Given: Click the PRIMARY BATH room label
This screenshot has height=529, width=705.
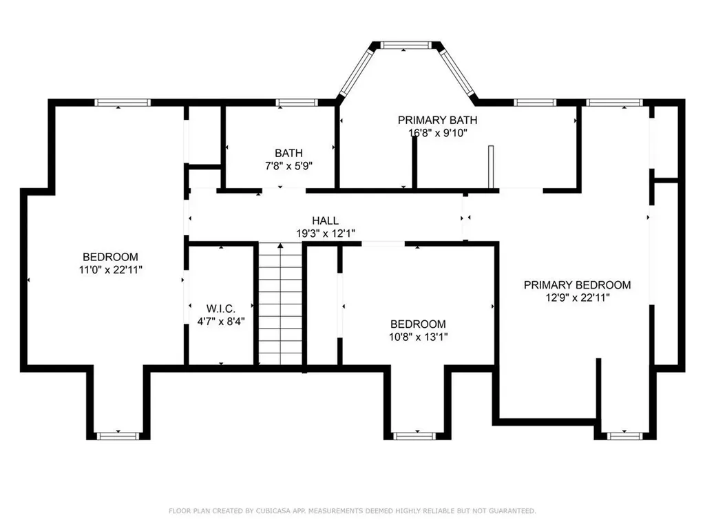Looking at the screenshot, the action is coord(437,120).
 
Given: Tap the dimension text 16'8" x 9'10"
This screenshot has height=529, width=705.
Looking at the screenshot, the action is coord(437,133).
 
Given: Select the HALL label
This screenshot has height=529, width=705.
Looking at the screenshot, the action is coord(326,221).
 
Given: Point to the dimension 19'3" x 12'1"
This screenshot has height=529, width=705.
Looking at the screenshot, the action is coord(326,234).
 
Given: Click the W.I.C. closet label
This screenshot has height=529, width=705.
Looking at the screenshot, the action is coord(221,309).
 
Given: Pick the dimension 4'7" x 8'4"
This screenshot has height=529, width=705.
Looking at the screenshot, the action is coord(221,321).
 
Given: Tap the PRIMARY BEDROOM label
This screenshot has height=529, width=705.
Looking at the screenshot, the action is coord(578,284).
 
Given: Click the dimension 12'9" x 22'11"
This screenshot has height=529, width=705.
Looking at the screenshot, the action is coord(578,298).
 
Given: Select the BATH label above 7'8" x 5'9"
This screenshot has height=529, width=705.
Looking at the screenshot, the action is coord(288,153).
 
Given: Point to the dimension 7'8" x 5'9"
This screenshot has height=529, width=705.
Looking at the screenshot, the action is coord(288,165).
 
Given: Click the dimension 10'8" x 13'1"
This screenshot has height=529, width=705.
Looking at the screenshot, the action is coord(418,336).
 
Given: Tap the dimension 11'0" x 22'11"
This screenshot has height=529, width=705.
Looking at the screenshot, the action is coord(111,269).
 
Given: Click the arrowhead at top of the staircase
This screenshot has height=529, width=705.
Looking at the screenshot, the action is coord(280,246).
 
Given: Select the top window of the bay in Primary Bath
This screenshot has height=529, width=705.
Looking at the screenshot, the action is coord(406,45).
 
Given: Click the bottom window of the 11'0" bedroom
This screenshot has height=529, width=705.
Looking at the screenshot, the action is coord(118,436).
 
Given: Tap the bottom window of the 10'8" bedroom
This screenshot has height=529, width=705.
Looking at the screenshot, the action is coord(418,436).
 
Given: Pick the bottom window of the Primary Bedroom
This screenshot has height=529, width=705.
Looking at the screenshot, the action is coord(625,436).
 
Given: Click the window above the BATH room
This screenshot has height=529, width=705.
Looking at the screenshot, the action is coord(296,103).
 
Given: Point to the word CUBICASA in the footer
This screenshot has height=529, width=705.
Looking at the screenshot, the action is coord(273,511).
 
